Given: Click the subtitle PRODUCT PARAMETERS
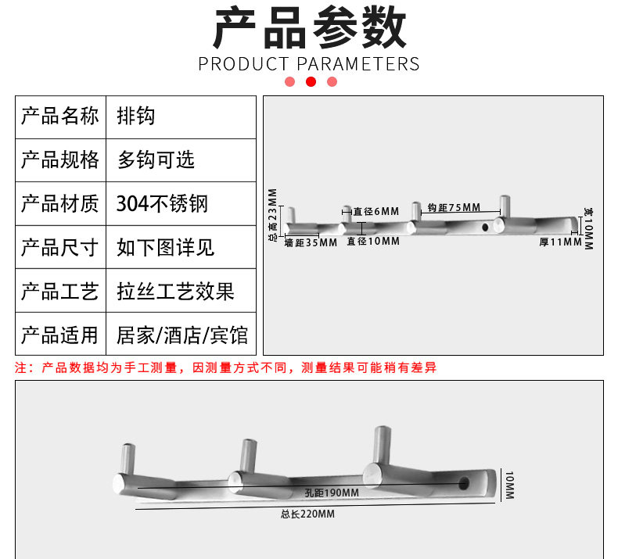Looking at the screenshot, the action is click(x=309, y=63).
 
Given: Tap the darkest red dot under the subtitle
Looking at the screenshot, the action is click(x=311, y=82).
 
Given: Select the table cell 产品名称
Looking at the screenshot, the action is click(x=60, y=116).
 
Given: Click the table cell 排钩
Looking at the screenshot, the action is click(x=135, y=116).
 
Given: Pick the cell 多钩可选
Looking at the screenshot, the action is click(x=156, y=160).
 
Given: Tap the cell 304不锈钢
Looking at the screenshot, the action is click(x=162, y=204).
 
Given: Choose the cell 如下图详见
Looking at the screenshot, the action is click(x=165, y=248).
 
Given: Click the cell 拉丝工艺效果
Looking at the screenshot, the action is click(x=175, y=292).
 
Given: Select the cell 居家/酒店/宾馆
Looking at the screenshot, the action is click(x=182, y=335).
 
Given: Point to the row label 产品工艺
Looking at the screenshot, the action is click(x=60, y=292).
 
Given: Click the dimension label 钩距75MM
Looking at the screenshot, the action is click(x=454, y=207).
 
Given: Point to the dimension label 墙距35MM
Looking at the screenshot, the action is click(x=311, y=242).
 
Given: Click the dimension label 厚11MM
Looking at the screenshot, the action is click(x=560, y=242).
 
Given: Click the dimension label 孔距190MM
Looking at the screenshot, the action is click(x=332, y=492).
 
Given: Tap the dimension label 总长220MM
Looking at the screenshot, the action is click(x=307, y=514).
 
